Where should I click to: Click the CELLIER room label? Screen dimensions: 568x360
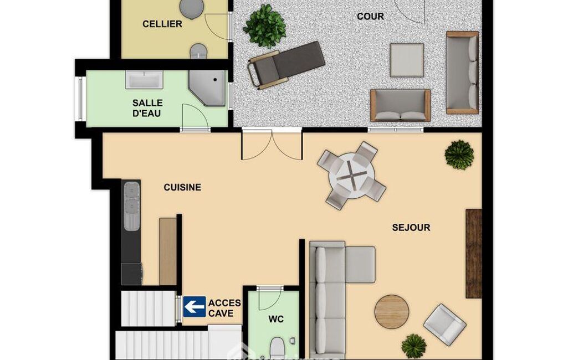point(162,24)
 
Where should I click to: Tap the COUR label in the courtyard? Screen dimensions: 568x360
point(370,16)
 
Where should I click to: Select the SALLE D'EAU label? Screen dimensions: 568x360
point(147,108)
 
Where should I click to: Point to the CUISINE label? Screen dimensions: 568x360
point(182,187)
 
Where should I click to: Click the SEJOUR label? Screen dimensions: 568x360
point(411,228)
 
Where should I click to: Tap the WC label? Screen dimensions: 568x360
point(276,319)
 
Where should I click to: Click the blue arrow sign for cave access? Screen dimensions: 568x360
point(195,307)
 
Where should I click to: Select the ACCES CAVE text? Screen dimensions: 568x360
point(224,308)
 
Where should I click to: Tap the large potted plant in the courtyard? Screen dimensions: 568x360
point(264,26)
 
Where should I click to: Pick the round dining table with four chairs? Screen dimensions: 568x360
point(351,176)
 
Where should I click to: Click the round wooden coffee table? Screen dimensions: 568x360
point(392,311)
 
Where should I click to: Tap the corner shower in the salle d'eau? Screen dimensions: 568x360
point(208,88)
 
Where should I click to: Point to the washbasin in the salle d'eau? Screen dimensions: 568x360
point(144,79)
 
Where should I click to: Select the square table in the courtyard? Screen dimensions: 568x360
point(407,60)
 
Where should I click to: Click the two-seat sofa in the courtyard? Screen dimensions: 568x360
point(400,105)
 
